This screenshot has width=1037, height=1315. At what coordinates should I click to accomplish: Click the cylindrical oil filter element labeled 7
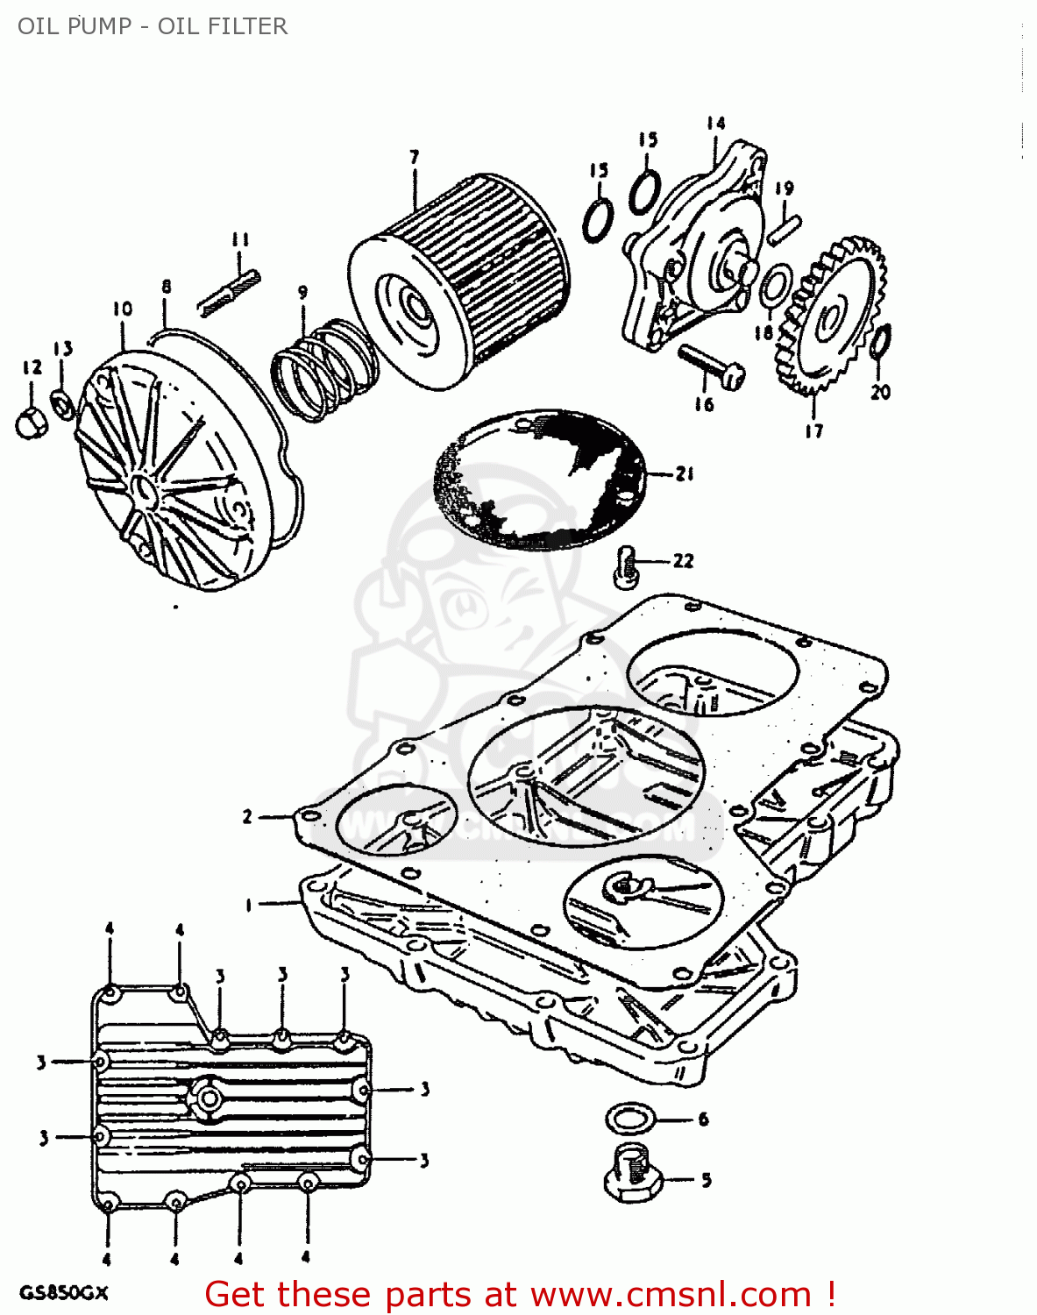(x=460, y=281)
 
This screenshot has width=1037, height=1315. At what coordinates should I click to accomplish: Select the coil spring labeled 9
(x=322, y=368)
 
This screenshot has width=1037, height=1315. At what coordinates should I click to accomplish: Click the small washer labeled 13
(x=62, y=403)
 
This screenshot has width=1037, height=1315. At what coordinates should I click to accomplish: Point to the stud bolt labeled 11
(x=228, y=292)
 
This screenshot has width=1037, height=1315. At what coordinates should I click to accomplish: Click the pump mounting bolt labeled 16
(x=711, y=366)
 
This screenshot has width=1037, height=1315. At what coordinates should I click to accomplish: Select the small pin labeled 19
(x=784, y=224)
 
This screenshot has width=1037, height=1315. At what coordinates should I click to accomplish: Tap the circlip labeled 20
(x=882, y=342)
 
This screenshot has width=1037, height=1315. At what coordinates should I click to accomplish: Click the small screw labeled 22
(x=627, y=564)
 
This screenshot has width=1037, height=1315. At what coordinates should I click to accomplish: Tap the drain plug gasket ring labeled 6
(x=630, y=1119)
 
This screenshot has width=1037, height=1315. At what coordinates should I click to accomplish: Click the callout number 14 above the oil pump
(x=715, y=124)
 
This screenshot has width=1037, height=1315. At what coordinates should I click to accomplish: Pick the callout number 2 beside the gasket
(x=247, y=817)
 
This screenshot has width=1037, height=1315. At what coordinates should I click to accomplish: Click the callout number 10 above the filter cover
(x=122, y=309)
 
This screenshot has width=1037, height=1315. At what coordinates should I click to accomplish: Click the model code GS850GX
(x=63, y=1293)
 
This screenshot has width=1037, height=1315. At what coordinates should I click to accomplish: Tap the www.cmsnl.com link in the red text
(x=671, y=1294)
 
